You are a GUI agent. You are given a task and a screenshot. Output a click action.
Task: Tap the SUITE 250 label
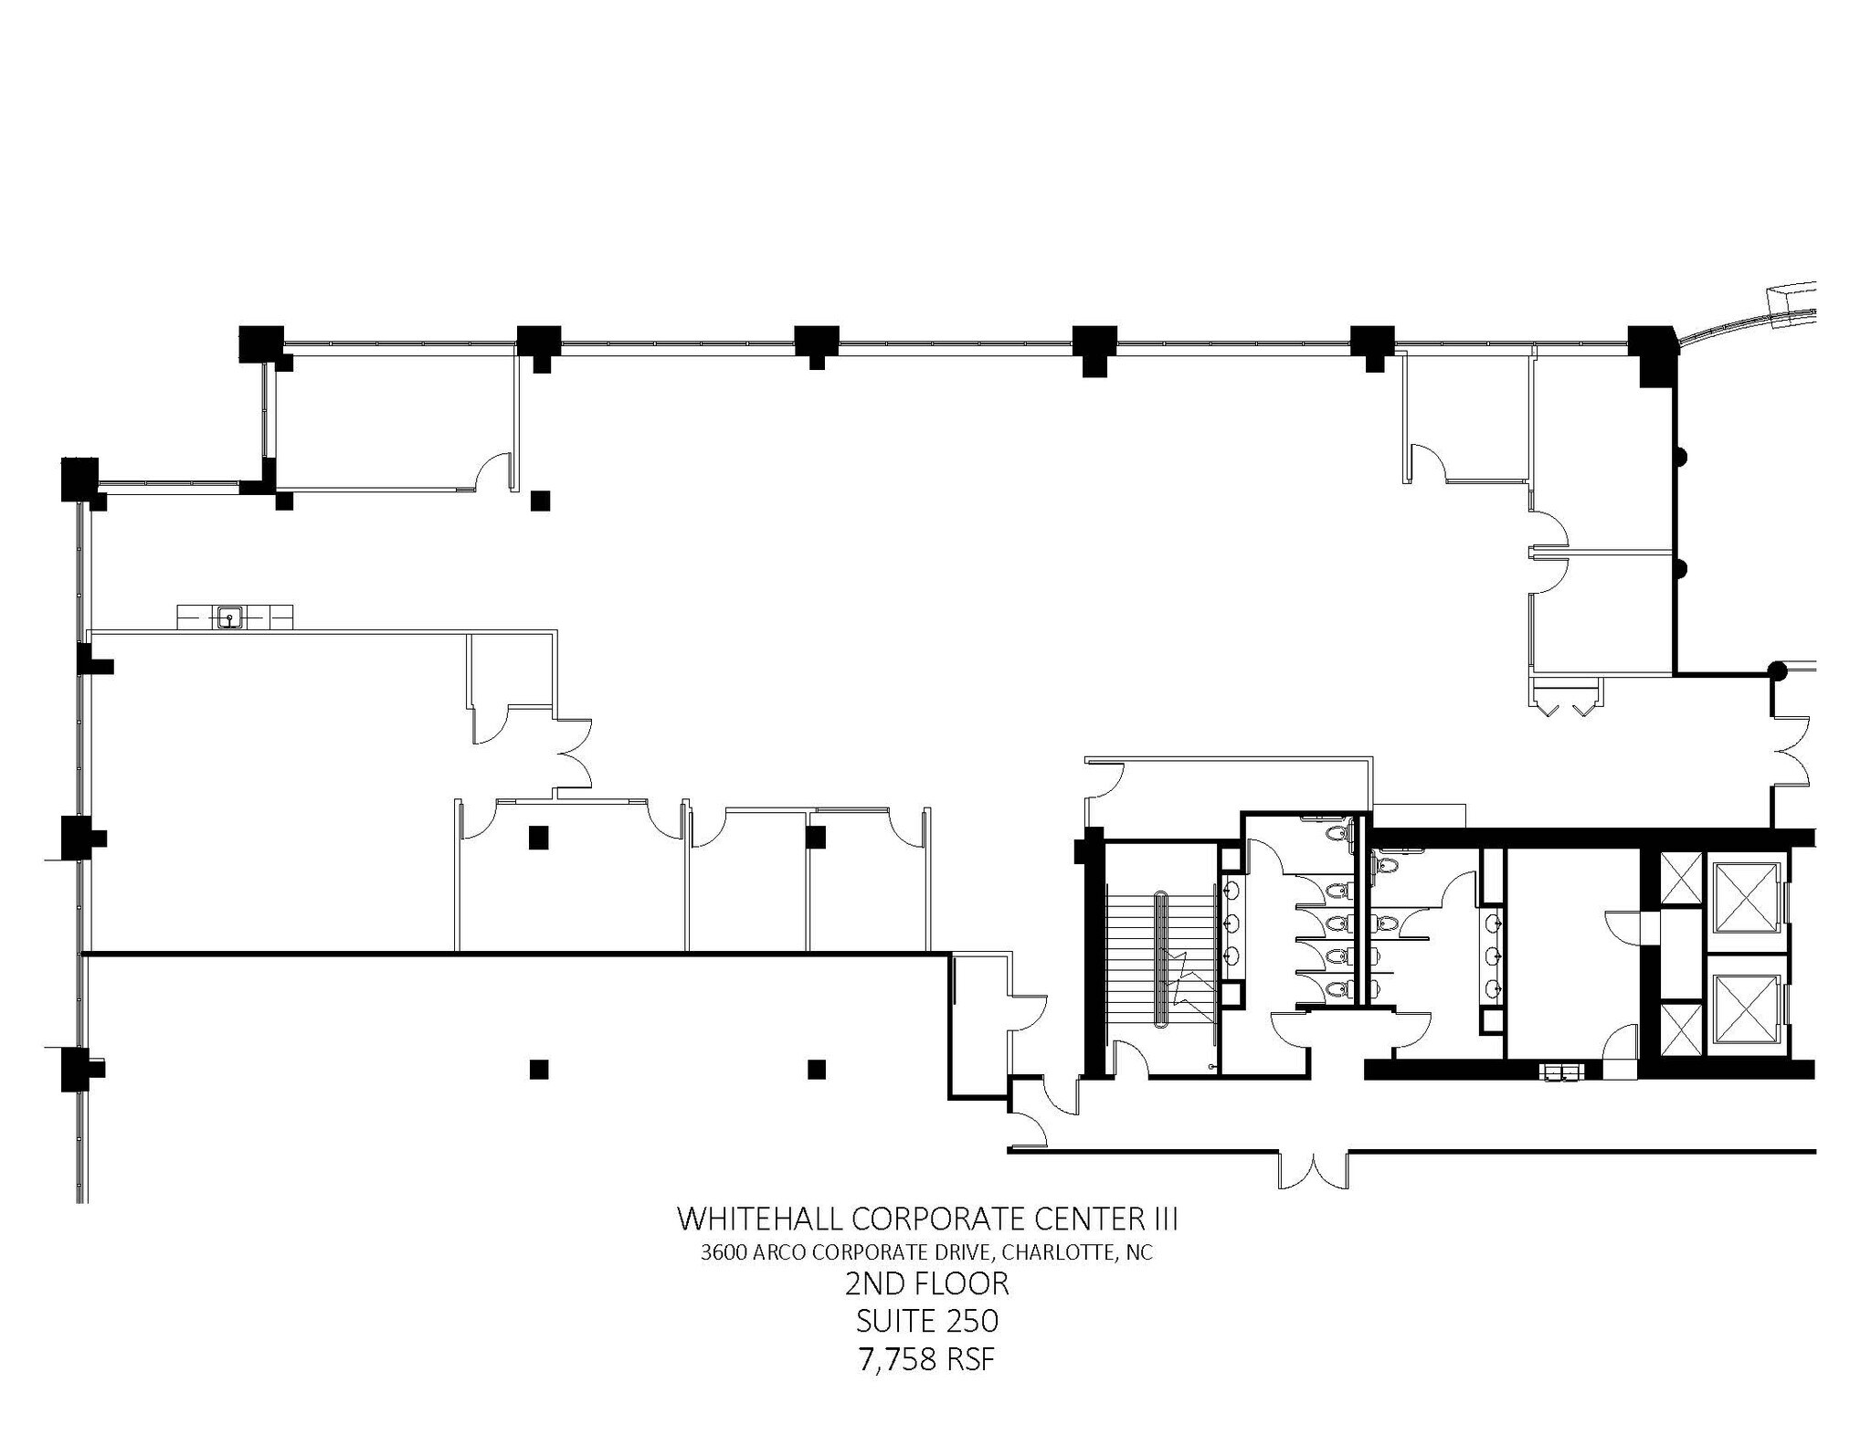coord(926,1321)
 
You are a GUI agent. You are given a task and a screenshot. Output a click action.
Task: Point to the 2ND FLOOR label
coord(926,1284)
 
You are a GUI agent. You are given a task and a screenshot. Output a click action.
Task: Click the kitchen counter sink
coord(229,617)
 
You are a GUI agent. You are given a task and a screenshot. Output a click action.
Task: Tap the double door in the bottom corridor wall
coord(1313,1169)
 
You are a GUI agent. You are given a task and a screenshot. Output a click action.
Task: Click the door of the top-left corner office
coord(495,470)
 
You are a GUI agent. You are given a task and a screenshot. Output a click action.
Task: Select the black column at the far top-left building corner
coord(79,480)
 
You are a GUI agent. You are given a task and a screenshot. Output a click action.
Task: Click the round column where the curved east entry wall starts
coord(1777,671)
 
